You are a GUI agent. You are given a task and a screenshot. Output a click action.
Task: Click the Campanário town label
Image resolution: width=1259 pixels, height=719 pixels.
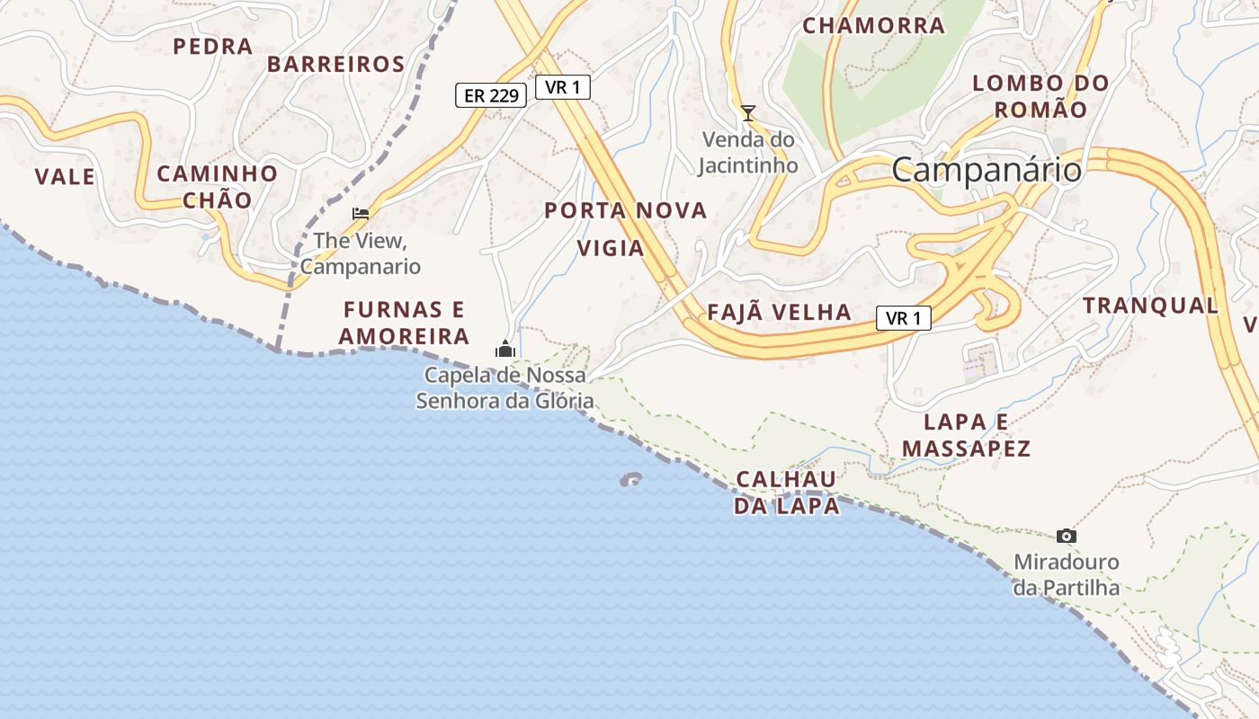986,170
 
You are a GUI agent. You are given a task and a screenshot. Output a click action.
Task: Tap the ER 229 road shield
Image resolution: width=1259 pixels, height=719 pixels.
490,95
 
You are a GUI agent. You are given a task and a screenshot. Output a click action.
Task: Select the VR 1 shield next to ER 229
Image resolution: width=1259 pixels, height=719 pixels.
563,87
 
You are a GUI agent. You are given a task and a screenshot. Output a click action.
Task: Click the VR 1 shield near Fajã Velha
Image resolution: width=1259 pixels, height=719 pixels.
903,318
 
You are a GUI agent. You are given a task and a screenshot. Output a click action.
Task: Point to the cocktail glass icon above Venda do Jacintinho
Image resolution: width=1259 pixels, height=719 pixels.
747,113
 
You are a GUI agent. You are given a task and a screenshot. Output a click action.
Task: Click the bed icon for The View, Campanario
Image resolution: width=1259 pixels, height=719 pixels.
361,214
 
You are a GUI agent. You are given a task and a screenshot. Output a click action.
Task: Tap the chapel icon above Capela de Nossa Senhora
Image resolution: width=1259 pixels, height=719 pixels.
505,349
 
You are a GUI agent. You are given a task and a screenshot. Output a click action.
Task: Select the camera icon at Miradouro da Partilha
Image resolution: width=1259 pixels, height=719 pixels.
1067,537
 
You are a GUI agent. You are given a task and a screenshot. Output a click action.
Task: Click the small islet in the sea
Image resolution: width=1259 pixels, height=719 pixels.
631,480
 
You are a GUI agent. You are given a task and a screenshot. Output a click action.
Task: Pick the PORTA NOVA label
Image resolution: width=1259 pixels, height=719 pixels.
626,211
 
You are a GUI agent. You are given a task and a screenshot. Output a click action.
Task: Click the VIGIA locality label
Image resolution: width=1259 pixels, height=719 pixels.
611,248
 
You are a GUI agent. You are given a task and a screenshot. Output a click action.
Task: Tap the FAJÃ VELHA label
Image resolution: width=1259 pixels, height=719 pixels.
779,313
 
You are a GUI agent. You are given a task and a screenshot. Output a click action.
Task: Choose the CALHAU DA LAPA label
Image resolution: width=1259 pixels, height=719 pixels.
786,493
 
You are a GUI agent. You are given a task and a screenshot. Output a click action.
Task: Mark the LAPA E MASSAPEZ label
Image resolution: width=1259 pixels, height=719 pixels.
966,435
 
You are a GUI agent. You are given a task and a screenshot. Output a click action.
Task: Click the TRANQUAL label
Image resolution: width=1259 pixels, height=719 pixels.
1150,306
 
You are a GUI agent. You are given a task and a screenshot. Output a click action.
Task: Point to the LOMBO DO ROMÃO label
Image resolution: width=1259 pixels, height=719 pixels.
1041,96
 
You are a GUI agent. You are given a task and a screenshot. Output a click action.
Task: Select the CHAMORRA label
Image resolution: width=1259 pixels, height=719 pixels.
873,26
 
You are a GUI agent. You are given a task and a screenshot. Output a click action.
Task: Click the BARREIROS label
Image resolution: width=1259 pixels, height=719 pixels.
335,65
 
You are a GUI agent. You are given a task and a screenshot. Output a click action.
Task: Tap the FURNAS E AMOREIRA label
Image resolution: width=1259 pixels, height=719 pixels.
404,324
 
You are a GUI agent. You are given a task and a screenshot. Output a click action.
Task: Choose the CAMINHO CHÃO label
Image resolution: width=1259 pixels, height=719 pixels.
218,187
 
